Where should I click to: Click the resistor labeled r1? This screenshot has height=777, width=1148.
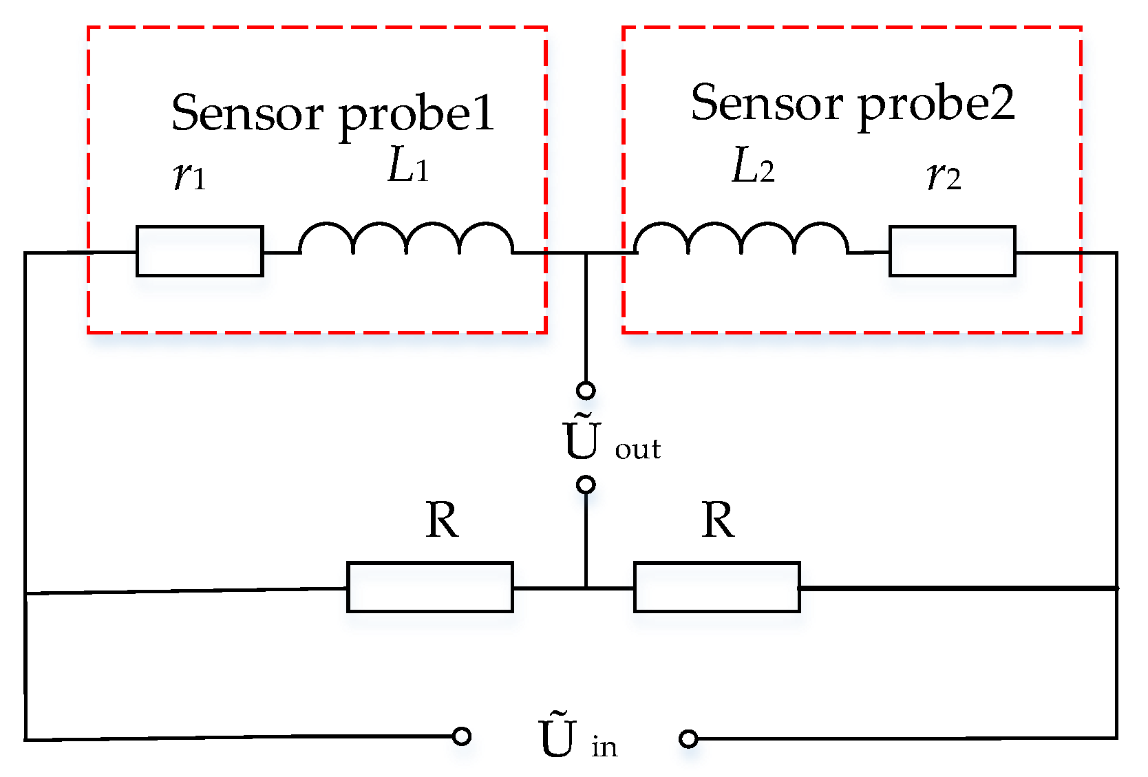pyautogui.click(x=200, y=251)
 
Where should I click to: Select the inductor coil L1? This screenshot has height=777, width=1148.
pyautogui.click(x=406, y=241)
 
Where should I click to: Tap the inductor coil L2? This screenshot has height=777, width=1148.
pyautogui.click(x=741, y=241)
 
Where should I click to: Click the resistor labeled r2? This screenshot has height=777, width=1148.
pyautogui.click(x=952, y=251)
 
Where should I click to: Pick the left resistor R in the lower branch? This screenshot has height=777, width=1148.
pyautogui.click(x=430, y=587)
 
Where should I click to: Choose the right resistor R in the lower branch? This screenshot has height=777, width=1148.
pyautogui.click(x=716, y=587)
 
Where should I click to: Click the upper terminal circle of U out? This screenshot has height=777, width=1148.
pyautogui.click(x=586, y=391)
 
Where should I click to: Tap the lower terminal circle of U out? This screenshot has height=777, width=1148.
pyautogui.click(x=586, y=485)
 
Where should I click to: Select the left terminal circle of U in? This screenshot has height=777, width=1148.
pyautogui.click(x=462, y=736)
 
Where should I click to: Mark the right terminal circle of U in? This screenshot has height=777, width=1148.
pyautogui.click(x=688, y=739)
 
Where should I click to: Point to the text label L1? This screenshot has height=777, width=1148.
pyautogui.click(x=408, y=167)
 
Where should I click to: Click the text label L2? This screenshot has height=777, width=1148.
pyautogui.click(x=752, y=167)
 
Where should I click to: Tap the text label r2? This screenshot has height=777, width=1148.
pyautogui.click(x=944, y=177)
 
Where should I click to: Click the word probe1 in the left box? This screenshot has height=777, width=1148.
pyautogui.click(x=417, y=115)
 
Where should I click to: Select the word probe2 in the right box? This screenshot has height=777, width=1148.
pyautogui.click(x=936, y=105)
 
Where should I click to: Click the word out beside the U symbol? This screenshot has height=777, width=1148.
pyautogui.click(x=637, y=449)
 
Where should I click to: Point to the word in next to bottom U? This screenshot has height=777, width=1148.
pyautogui.click(x=604, y=747)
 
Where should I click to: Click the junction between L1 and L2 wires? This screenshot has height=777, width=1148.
pyautogui.click(x=586, y=253)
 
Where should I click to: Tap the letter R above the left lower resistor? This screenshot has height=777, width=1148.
pyautogui.click(x=441, y=520)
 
